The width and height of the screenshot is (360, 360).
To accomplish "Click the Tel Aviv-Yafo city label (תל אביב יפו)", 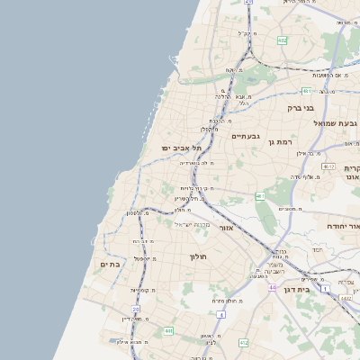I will [x=178, y=147].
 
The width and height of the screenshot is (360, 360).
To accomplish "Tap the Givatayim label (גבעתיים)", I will [x=245, y=136].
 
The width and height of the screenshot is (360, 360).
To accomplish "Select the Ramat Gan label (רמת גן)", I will [x=283, y=142].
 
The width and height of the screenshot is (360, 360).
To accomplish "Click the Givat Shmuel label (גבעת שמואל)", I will [x=336, y=122].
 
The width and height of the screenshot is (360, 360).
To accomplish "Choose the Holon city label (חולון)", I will [x=198, y=257].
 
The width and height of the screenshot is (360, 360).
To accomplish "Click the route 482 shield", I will [x=282, y=40].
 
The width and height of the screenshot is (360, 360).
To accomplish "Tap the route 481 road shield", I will [x=307, y=91].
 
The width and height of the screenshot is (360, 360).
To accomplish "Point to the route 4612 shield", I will [x=328, y=166].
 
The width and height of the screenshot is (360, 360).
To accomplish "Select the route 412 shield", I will [x=243, y=342].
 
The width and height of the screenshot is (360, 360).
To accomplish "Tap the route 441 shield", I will [x=168, y=331].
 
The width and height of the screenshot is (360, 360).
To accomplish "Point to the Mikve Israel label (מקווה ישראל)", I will [x=191, y=224].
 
